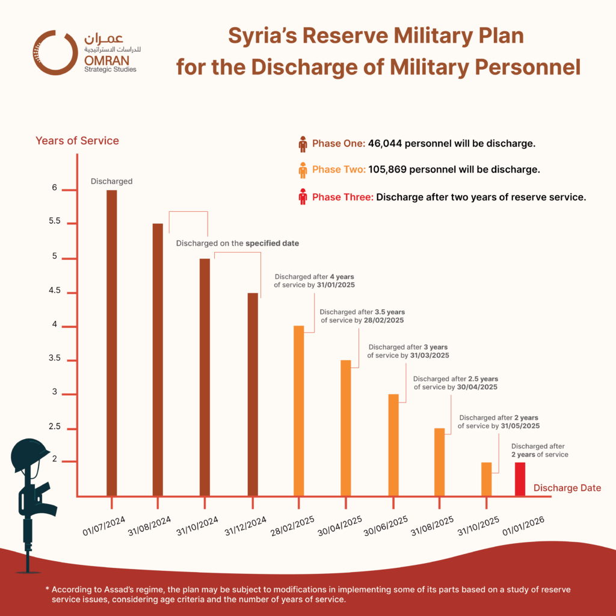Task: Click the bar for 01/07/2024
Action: tap(111, 343)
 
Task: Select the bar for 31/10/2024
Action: tap(205, 377)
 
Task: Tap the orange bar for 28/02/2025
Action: tap(298, 411)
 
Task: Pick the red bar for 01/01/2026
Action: tap(520, 479)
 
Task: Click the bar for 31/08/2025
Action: tap(439, 462)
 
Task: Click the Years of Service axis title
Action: tap(77, 141)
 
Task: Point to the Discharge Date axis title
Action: tap(567, 488)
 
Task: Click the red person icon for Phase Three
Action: tap(303, 196)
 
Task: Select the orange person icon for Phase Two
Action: tap(303, 170)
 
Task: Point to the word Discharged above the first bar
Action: tap(111, 181)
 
